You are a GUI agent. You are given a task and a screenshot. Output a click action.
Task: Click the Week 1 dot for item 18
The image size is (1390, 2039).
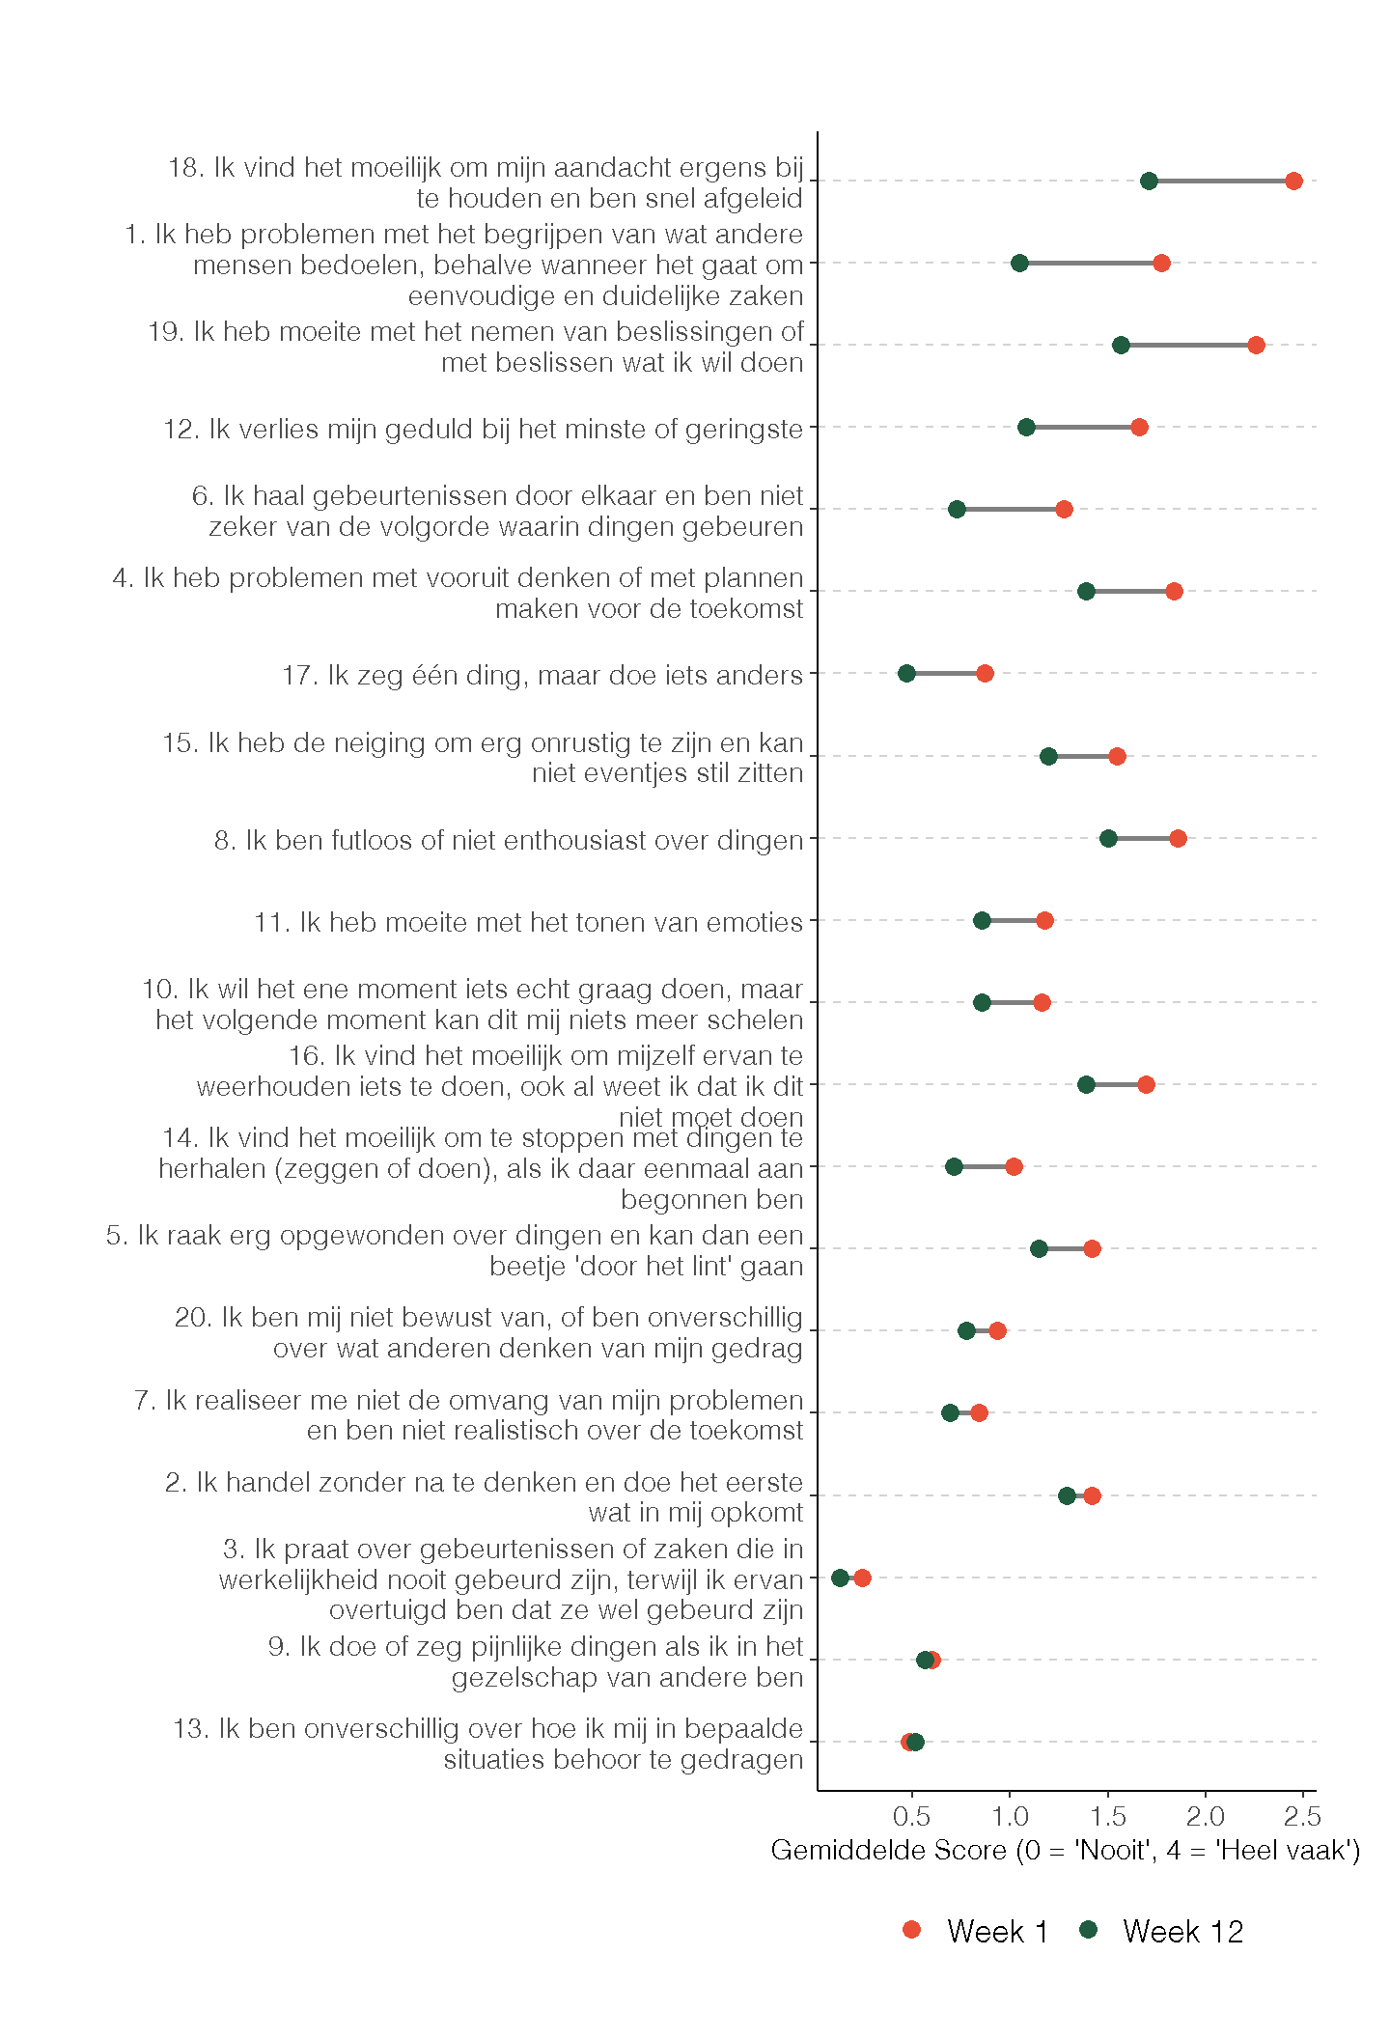(x=1293, y=181)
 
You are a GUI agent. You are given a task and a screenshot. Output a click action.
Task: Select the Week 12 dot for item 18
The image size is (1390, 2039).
(x=1149, y=181)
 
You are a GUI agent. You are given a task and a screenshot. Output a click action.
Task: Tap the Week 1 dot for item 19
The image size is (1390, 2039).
(x=1256, y=345)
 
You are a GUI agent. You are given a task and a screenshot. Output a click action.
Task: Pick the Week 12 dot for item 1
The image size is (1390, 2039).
(x=1019, y=263)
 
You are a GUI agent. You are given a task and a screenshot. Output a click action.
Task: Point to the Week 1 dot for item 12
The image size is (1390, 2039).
(x=1139, y=427)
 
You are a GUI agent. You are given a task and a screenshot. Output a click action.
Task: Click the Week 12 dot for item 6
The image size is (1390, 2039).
(x=957, y=509)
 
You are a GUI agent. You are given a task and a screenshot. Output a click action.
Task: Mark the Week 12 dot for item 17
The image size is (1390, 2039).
(x=906, y=673)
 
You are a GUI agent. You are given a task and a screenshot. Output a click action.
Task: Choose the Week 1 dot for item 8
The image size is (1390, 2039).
(x=1178, y=838)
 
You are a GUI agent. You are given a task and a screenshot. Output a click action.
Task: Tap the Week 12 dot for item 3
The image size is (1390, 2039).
(x=840, y=1578)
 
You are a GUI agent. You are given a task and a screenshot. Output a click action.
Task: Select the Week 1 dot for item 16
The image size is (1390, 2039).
(x=1146, y=1084)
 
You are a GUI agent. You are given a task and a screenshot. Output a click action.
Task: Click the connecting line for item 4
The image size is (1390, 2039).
(x=1129, y=591)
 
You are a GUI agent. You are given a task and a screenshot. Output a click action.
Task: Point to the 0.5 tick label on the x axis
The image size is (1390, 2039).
(x=912, y=1817)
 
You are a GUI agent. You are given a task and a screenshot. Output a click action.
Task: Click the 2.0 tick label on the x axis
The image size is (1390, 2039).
(x=1205, y=1817)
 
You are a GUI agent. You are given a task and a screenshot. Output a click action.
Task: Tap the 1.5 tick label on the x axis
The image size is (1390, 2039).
(x=1108, y=1817)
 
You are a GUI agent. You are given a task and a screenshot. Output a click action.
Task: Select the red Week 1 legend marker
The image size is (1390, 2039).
(x=911, y=1930)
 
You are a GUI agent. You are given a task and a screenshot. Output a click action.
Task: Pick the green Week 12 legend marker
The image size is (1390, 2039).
(x=1089, y=1930)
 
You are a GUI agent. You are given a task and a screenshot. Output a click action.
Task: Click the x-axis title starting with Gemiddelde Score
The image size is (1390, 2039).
(x=1065, y=1851)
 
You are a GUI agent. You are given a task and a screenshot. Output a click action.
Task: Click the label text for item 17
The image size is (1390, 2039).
(x=542, y=675)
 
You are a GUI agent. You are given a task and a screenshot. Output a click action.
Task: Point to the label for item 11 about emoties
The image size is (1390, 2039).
(x=528, y=922)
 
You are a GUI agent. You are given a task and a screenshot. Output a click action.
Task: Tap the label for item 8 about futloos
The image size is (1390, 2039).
(x=509, y=840)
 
